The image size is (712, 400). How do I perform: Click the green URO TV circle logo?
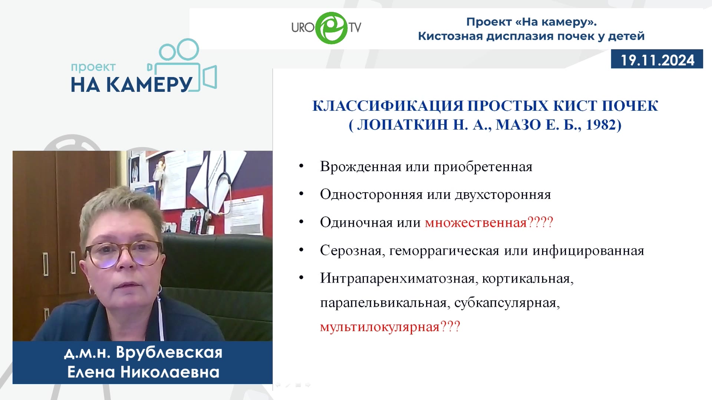[332, 28]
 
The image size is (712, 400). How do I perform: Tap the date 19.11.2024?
[657, 60]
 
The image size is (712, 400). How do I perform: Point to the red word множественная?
[476, 223]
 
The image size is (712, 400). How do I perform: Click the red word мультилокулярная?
[380, 327]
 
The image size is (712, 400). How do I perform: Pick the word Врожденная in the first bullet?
[360, 167]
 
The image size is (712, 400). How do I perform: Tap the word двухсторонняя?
[503, 195]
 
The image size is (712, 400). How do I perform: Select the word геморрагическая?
[444, 251]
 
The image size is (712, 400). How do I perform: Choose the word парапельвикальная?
[383, 303]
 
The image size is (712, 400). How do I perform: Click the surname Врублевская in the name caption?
[169, 352]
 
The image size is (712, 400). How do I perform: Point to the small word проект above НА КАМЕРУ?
[93, 67]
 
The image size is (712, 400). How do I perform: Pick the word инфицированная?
[588, 251]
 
